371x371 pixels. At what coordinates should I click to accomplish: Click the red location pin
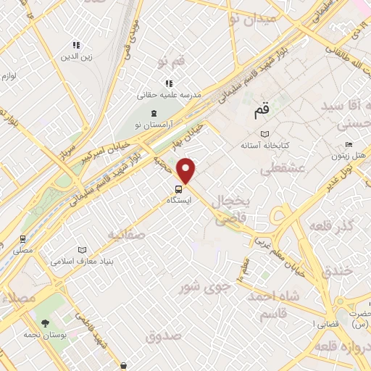click(187, 171)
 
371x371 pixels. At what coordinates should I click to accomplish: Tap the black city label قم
click(262, 113)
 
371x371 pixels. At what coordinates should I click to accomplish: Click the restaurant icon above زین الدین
click(78, 45)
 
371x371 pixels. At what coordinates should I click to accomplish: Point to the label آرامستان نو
click(154, 125)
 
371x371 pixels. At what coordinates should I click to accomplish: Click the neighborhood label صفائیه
click(127, 235)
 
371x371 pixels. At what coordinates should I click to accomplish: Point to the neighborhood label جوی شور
click(205, 286)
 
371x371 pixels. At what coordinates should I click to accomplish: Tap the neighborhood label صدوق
click(162, 336)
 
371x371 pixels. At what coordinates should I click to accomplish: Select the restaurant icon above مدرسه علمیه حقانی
click(168, 84)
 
